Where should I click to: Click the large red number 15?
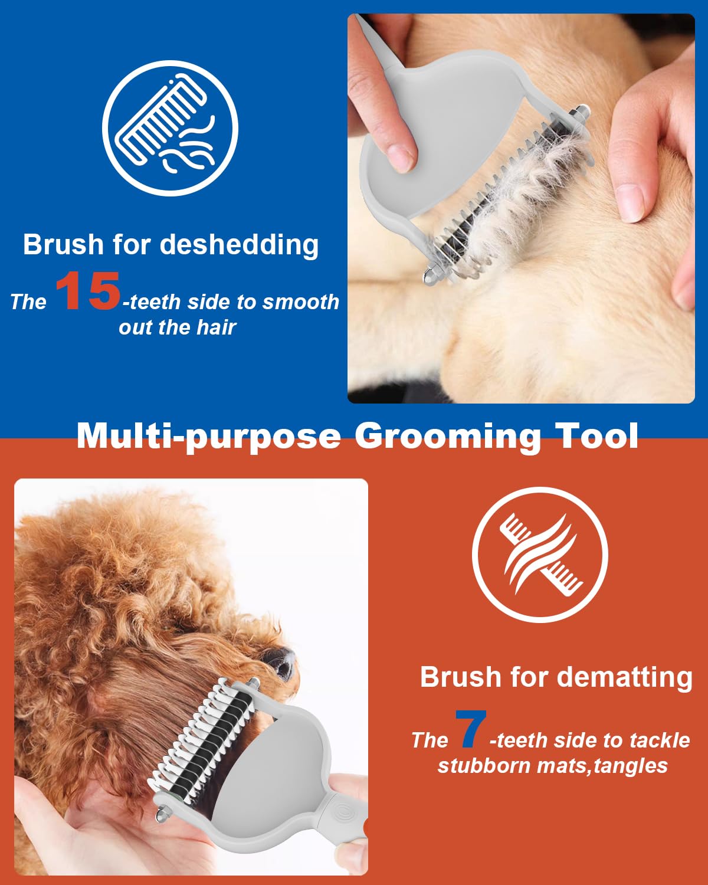[x=88, y=290]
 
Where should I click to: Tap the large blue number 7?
[x=471, y=729]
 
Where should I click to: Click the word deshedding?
[x=239, y=245]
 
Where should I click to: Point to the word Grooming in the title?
[x=448, y=437]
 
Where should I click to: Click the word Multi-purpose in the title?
[x=209, y=437]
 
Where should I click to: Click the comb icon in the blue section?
[x=170, y=128]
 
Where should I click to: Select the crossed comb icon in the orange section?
[x=540, y=555]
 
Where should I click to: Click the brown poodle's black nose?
[x=281, y=661]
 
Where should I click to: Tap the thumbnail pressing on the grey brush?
[x=400, y=158]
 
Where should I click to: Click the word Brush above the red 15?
[x=63, y=245]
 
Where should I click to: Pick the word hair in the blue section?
[x=217, y=327]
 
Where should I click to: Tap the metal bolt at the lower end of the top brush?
[x=429, y=274]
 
